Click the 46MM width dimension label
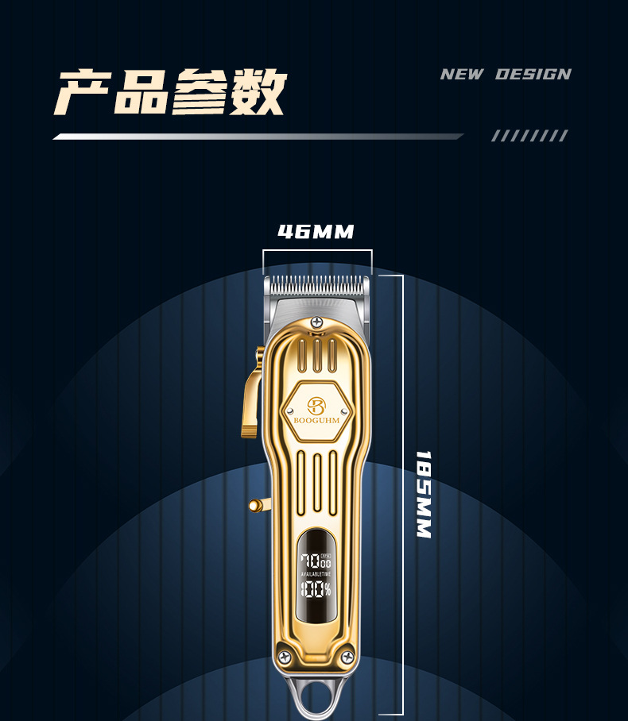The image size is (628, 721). coord(316,232)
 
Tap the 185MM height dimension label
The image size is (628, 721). coord(424,494)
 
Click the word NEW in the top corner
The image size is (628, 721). coord(462,75)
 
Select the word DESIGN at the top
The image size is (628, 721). coord(533,75)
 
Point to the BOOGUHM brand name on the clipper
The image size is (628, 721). coord(316,421)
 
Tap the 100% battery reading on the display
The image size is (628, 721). coord(316,589)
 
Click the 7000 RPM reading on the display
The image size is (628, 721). coord(315,561)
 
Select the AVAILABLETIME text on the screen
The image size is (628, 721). coord(316,574)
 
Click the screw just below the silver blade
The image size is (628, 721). coord(316,322)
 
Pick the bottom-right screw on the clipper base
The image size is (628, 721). coord(347,656)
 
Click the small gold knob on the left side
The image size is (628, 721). coord(255,505)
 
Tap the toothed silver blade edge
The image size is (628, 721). coord(316,283)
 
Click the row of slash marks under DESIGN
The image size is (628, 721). coord(529,136)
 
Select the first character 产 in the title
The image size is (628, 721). coord(83,93)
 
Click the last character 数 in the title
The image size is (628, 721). coord(258,93)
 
